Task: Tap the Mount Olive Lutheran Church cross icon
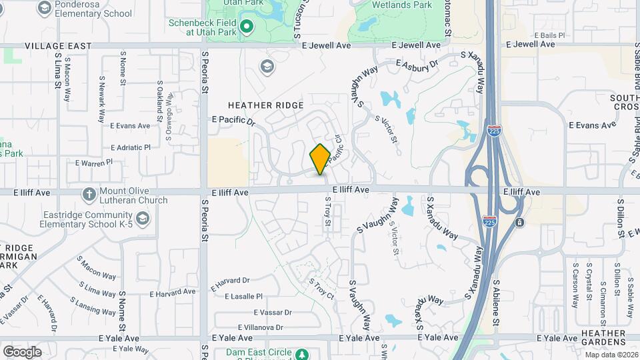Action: (x=89, y=194)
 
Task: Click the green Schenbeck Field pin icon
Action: (x=246, y=27)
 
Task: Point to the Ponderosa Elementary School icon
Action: (x=45, y=8)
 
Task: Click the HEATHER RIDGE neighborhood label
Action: (x=265, y=105)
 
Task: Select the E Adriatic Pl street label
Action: (x=130, y=147)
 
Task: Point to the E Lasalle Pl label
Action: (x=244, y=296)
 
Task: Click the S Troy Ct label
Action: (x=321, y=288)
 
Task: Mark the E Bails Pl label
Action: (x=549, y=35)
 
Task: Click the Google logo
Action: (x=22, y=351)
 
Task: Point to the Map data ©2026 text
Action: (x=611, y=355)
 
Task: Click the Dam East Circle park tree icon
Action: (x=302, y=353)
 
